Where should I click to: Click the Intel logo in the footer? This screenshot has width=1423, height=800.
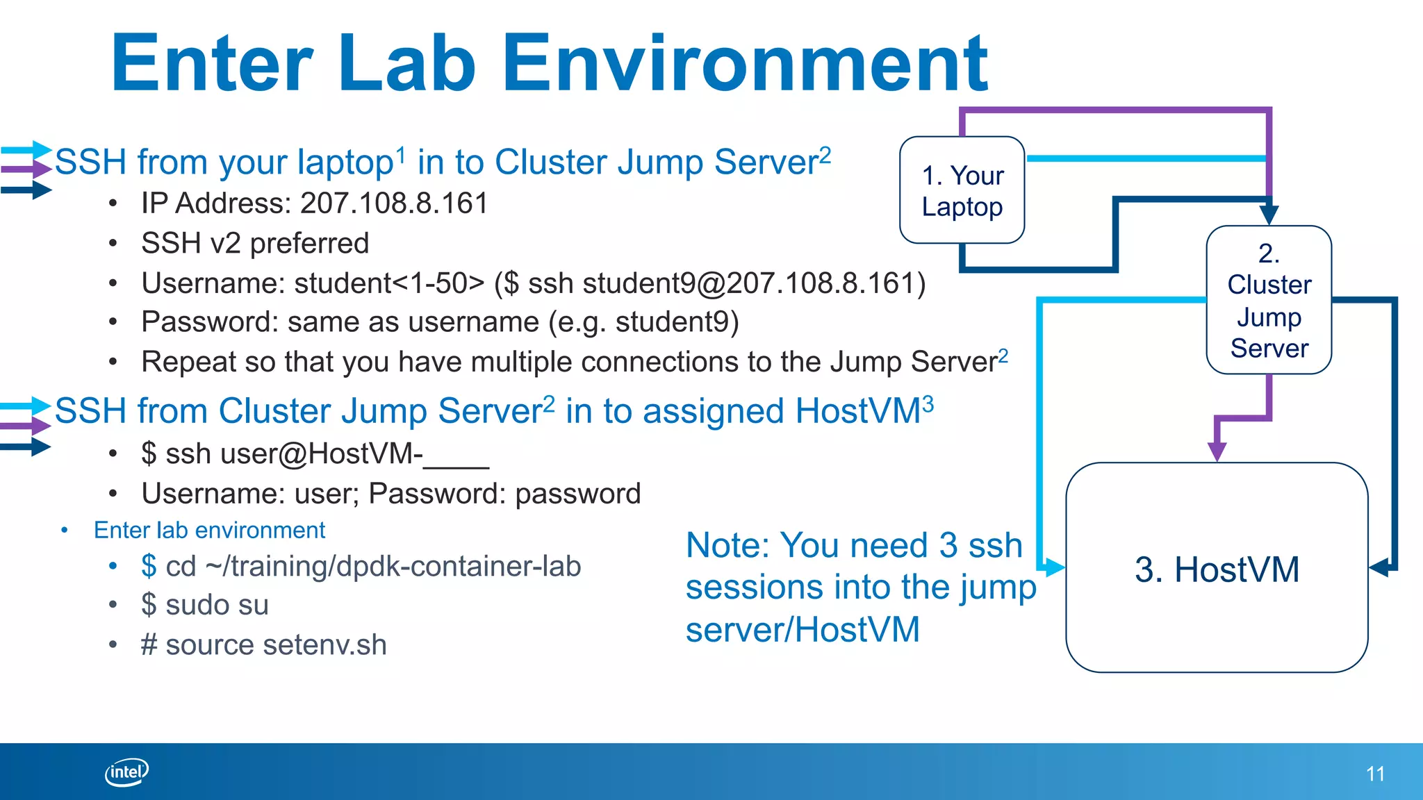click(126, 772)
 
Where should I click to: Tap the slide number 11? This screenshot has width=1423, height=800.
click(1375, 774)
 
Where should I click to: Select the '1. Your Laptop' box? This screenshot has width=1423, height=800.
click(962, 190)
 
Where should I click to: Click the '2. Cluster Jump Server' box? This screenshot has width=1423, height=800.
click(1269, 300)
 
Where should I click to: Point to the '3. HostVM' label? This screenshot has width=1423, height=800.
click(1217, 569)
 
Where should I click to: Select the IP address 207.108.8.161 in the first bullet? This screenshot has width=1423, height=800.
click(394, 203)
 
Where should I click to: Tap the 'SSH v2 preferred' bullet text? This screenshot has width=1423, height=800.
click(255, 243)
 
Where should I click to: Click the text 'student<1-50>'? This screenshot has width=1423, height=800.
click(389, 283)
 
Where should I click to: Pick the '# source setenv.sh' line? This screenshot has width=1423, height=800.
click(263, 644)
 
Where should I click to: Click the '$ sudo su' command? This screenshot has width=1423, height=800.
click(204, 605)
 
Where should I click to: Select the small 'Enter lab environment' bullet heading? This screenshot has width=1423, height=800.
click(209, 530)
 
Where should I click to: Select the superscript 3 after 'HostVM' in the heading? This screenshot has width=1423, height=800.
click(928, 403)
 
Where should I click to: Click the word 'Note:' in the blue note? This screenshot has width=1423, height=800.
click(727, 545)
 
